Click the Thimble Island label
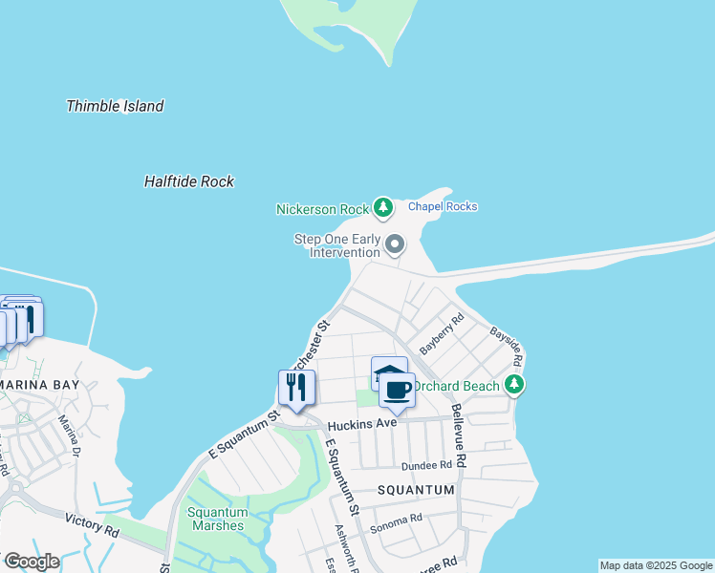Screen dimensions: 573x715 [x=115, y=106]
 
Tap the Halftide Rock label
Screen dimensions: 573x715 [x=188, y=181]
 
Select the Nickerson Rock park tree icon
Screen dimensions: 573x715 [x=383, y=207]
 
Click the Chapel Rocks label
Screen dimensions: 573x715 [x=443, y=206]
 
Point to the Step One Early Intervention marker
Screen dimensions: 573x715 [x=395, y=246]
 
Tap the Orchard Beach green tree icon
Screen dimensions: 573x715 [x=515, y=385]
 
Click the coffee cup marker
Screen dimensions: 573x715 [x=397, y=391]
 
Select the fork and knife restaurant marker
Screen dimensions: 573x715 [x=296, y=387]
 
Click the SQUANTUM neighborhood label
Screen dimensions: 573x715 [x=415, y=490]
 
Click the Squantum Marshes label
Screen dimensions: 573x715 [x=217, y=519]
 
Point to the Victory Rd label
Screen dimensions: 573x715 [x=92, y=524]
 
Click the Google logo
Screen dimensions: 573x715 [x=32, y=561]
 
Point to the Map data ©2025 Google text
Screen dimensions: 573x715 [x=656, y=565]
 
